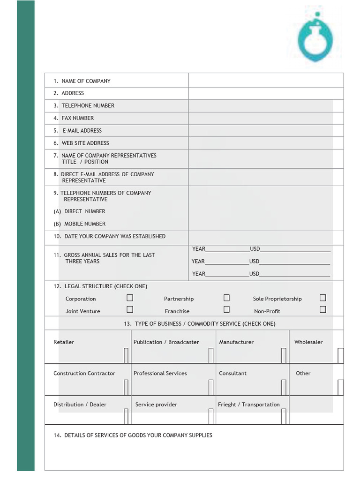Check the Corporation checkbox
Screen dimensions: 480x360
coord(130,298)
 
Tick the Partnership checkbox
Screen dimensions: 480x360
coord(226,298)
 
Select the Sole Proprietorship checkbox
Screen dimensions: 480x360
coord(322,298)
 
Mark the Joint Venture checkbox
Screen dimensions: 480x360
coord(130,309)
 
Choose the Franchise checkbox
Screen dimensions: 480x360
coord(226,309)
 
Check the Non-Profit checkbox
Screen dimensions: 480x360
coord(322,309)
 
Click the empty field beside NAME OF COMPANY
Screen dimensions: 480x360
coord(266,81)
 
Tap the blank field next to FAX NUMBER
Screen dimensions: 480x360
coord(266,118)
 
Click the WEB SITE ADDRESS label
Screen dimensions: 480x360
coord(85,143)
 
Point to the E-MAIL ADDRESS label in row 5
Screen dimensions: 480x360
coord(82,130)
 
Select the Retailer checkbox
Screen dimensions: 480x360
coord(126,355)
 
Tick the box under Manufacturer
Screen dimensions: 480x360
coord(284,355)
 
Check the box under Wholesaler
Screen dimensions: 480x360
coord(340,355)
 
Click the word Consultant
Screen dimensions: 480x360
coord(232,373)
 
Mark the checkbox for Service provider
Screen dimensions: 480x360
coord(211,416)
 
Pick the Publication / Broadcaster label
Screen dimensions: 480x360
coord(166,342)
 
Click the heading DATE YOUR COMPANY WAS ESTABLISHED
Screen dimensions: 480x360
coord(114,236)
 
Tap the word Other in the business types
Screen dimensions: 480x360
coord(303,373)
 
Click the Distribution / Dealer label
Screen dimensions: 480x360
coord(80,405)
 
